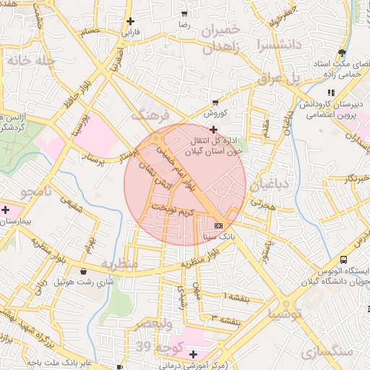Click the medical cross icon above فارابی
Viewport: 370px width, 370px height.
pos(130,21)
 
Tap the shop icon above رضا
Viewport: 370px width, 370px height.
pos(184,14)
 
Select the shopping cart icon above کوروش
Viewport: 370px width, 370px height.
pos(215,103)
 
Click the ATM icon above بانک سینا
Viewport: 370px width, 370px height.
pos(219,225)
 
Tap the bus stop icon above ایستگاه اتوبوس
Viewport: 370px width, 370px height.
pos(344,259)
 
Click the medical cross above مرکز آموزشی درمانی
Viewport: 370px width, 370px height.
pos(193,354)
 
